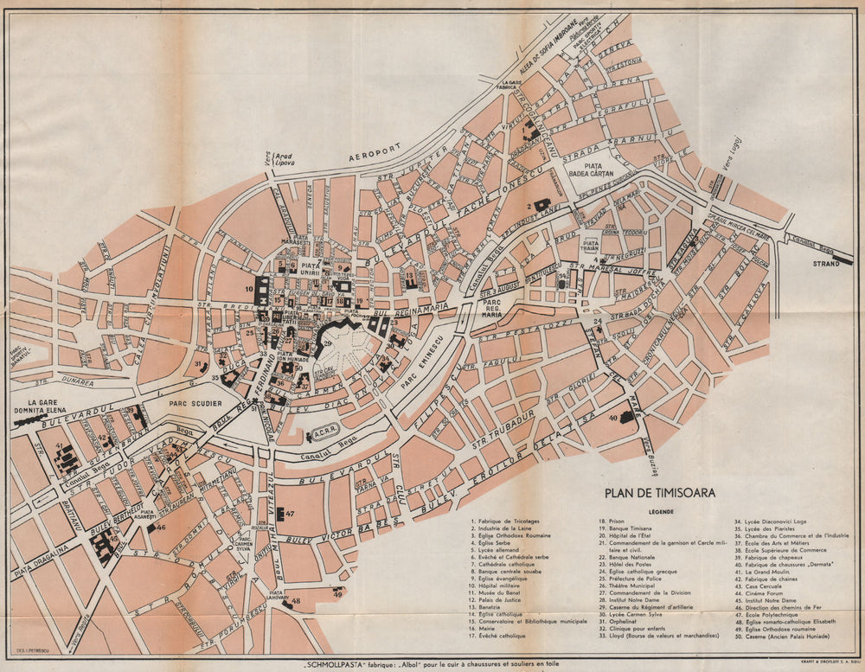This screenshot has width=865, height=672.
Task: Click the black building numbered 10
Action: pyautogui.click(x=260, y=292)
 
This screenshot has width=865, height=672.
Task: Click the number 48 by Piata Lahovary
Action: pyautogui.click(x=295, y=601)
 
